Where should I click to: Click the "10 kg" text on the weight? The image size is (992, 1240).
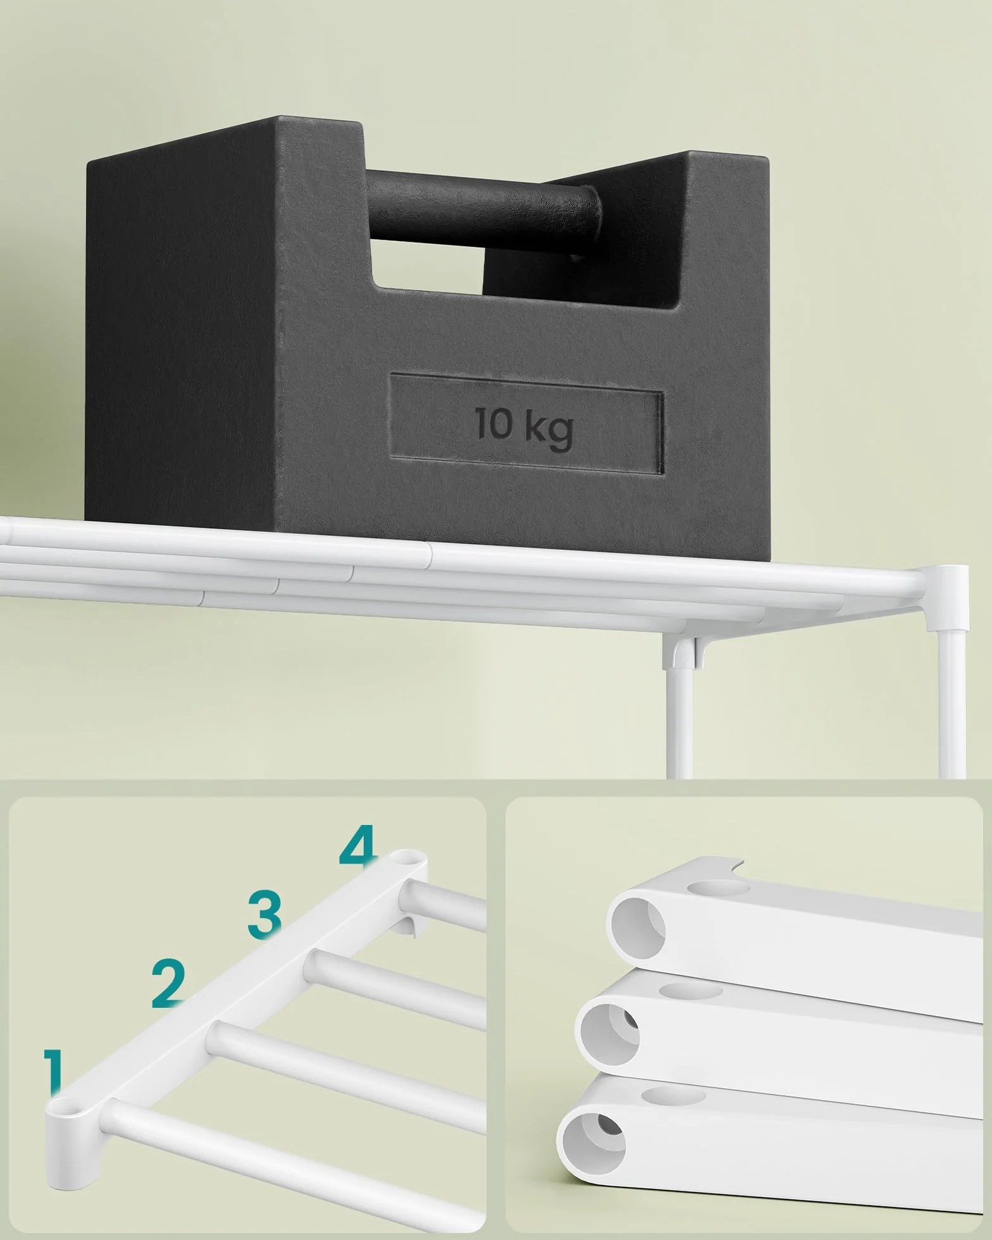click(x=524, y=424)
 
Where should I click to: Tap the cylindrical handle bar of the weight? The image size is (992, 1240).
click(x=483, y=209)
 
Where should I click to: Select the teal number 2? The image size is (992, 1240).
click(x=168, y=984)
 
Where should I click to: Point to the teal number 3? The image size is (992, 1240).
click(x=264, y=914)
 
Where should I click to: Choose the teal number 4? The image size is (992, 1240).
click(x=358, y=849)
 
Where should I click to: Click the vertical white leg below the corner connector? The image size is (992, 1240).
click(x=952, y=705)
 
